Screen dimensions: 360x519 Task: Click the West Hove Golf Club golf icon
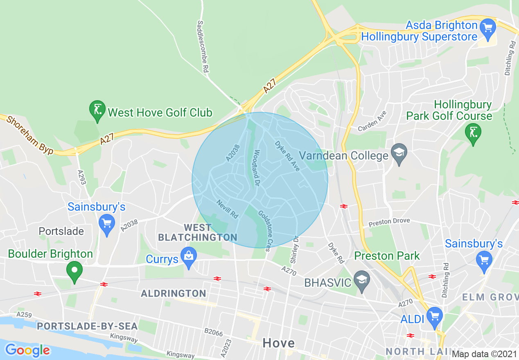pyautogui.click(x=97, y=110)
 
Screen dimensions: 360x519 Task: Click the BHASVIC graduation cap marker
pyautogui.click(x=362, y=280)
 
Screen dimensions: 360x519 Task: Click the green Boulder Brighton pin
pyautogui.click(x=74, y=271)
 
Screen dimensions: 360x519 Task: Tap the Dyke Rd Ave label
pyautogui.click(x=287, y=156)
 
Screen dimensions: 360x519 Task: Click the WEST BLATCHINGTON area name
pyautogui.click(x=198, y=232)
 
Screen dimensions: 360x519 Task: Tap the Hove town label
pyautogui.click(x=278, y=343)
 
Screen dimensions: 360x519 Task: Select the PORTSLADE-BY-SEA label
pyautogui.click(x=87, y=326)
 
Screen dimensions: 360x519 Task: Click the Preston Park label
pyautogui.click(x=387, y=256)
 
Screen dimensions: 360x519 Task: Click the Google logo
pyautogui.click(x=27, y=350)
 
